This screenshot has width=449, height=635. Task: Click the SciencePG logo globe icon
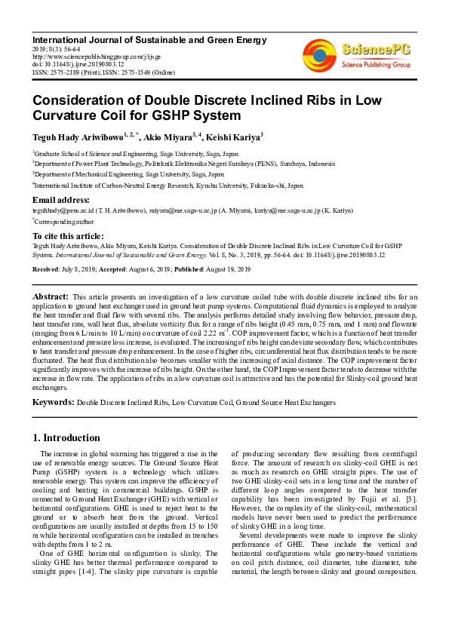coord(320,53)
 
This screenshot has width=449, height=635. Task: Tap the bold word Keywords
coord(52,403)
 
